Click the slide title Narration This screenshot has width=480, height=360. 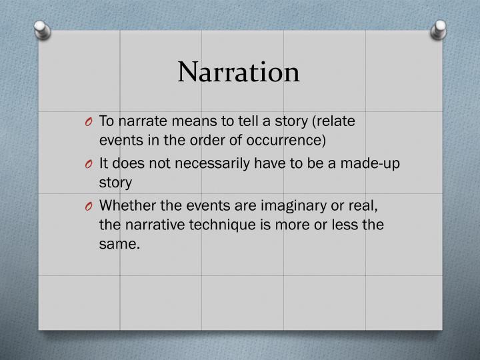coord(239,72)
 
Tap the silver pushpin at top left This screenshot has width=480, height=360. coord(41,29)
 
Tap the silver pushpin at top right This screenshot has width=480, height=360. coord(438,29)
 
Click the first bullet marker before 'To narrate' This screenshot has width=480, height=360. coord(89,122)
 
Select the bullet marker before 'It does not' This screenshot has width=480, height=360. coord(89,165)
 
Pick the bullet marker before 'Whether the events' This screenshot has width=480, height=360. coord(89,207)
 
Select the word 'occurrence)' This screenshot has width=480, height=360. coord(291,140)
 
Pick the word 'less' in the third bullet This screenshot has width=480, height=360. coord(340,225)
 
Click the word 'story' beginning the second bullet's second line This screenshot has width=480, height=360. coord(115,183)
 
